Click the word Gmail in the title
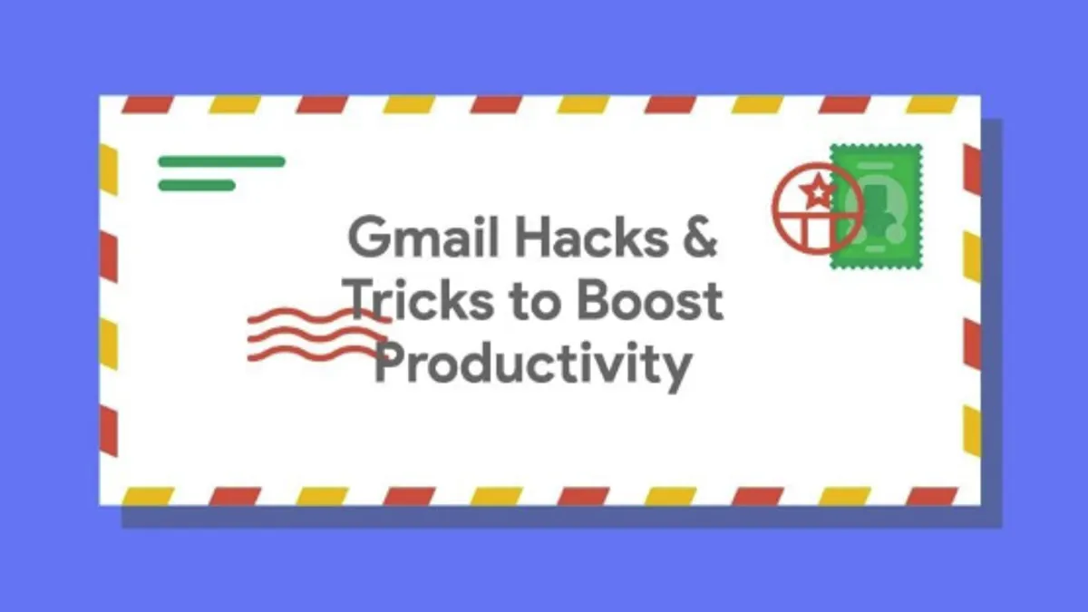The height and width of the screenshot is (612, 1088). [423, 238]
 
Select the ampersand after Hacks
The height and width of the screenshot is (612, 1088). [700, 237]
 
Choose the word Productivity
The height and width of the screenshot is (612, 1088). [533, 365]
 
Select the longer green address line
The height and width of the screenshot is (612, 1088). [221, 161]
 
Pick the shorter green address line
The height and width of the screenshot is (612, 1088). [198, 185]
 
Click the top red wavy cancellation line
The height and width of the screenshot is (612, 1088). [319, 316]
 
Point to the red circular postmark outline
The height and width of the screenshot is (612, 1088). [773, 209]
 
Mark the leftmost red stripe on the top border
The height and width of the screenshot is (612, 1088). [147, 105]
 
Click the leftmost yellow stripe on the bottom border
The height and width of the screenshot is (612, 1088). [147, 497]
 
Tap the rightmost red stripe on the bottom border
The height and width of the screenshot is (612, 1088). [932, 497]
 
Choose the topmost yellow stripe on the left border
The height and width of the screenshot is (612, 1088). [108, 170]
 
